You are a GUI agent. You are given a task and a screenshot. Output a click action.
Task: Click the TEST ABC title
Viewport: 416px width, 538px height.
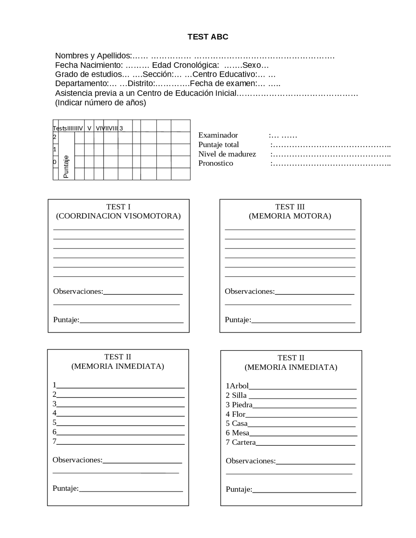[x=208, y=37]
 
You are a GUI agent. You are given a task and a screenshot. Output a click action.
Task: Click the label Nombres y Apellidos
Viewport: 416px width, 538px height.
[x=93, y=56]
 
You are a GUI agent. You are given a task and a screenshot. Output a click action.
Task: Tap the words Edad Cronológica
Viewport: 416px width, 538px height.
[x=185, y=65]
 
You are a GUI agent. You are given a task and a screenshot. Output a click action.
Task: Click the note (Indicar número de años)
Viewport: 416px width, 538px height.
[x=100, y=103]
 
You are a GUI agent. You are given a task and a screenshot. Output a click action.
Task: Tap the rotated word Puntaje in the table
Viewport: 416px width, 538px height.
[x=66, y=166]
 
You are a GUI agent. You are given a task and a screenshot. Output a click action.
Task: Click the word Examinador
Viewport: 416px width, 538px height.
[x=218, y=135]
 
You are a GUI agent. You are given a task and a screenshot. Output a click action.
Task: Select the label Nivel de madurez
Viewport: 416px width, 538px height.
[x=227, y=154]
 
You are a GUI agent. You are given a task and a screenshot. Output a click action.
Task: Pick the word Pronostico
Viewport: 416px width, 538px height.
[x=215, y=163]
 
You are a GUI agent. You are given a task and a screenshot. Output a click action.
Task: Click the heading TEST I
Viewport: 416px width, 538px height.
[x=118, y=207]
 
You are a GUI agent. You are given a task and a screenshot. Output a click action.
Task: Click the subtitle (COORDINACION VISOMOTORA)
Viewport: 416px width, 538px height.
[x=118, y=216]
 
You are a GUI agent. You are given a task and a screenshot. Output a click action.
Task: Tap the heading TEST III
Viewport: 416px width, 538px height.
[x=290, y=207]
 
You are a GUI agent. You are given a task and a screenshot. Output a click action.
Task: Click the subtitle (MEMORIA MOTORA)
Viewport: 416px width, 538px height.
[x=290, y=216]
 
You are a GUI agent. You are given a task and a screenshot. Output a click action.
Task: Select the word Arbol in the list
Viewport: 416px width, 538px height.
[x=239, y=386]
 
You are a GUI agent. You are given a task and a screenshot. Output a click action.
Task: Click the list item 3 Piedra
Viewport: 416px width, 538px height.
[x=239, y=404]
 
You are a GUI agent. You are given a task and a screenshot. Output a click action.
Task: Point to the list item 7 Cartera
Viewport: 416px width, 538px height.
[x=241, y=442]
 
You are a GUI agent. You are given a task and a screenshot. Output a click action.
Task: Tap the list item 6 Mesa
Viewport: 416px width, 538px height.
[x=238, y=433]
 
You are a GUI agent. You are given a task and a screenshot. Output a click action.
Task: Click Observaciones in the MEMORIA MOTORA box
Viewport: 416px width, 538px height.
[x=250, y=291]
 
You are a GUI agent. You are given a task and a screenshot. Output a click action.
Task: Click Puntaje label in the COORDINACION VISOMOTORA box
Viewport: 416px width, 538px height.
[x=66, y=320]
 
